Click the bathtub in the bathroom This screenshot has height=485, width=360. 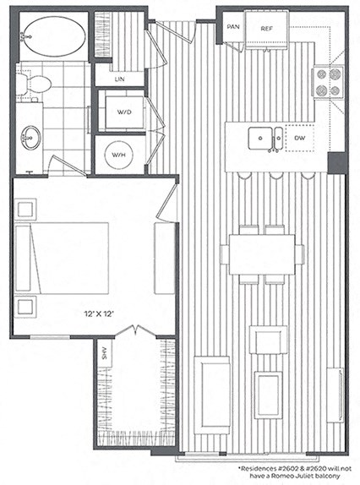52,35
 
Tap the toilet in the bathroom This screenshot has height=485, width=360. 36,84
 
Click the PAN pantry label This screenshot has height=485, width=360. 232,27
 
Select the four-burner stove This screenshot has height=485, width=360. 328,83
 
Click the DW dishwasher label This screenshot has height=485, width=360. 299,138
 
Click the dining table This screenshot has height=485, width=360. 261,254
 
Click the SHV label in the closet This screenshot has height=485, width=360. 106,355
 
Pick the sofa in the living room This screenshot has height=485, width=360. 211,394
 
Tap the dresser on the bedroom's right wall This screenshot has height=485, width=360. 164,259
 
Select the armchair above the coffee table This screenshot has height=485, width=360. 269,340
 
